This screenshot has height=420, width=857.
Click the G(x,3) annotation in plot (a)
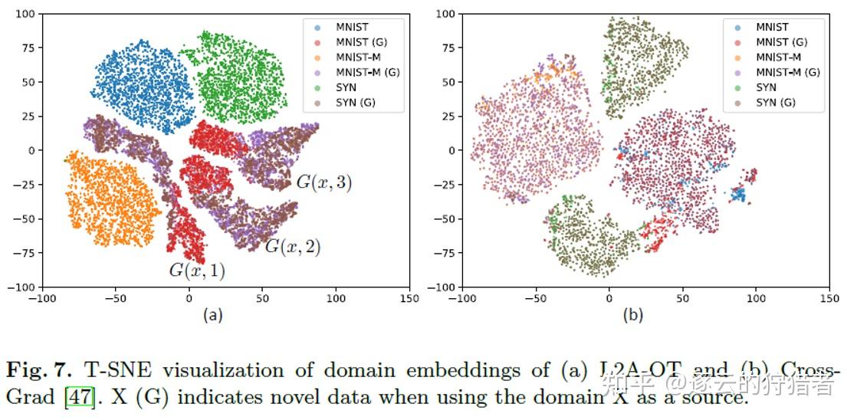[323, 182]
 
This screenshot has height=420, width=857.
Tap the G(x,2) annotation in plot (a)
[292, 247]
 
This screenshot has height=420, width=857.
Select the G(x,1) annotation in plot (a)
[197, 271]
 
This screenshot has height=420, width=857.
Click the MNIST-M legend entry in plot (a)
[357, 57]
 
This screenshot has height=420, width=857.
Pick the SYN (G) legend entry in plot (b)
[776, 103]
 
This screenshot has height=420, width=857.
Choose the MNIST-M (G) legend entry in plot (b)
[788, 72]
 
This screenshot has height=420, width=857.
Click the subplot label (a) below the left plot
[212, 314]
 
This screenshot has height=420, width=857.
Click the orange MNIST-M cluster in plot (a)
[111, 201]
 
